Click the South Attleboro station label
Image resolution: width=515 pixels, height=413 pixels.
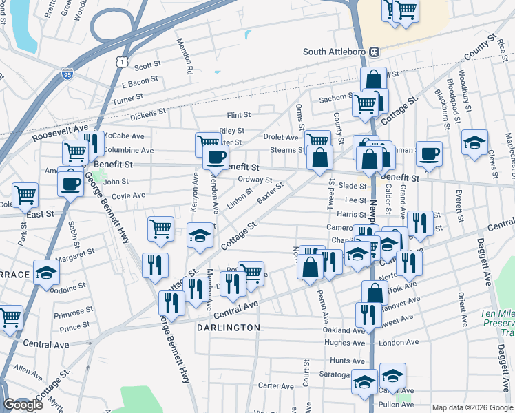point(337,52)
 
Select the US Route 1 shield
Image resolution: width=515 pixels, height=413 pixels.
point(122,62)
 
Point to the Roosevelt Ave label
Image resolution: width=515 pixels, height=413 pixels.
point(61,129)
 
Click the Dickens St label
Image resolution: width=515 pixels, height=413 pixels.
point(148,111)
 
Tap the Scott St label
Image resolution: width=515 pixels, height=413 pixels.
point(147,67)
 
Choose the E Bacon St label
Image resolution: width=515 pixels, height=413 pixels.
point(140,84)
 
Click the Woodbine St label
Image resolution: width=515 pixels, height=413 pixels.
point(66,284)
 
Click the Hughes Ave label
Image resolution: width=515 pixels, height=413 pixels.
point(344,342)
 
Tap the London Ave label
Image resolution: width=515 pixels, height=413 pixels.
point(394,342)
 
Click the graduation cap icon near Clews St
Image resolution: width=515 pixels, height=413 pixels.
point(474,142)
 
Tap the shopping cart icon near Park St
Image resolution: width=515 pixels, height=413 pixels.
point(25,195)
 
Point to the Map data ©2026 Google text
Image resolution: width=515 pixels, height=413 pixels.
point(472,407)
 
